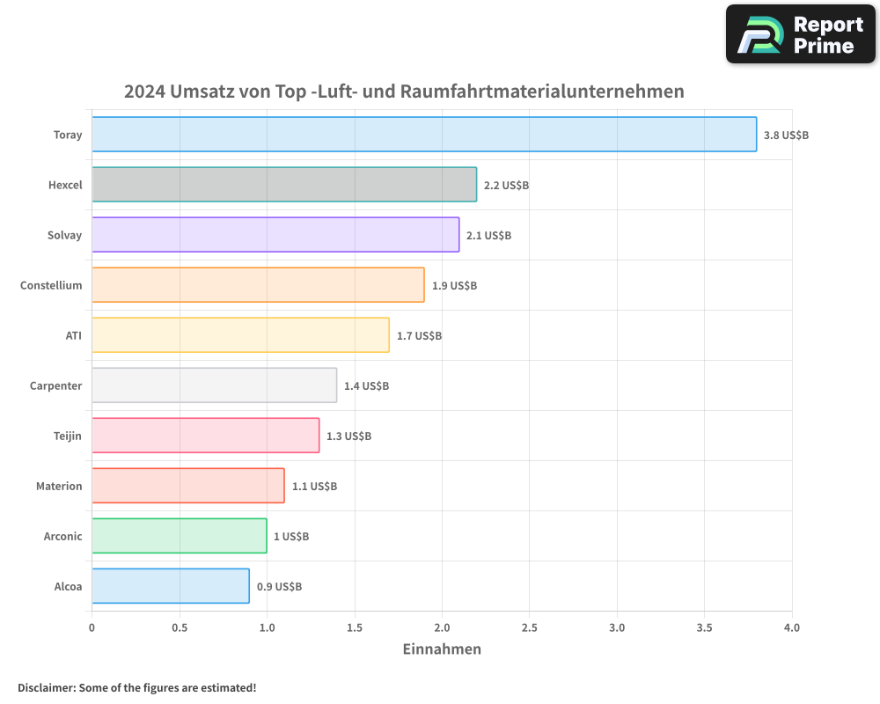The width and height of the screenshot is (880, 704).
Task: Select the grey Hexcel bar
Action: pos(284,185)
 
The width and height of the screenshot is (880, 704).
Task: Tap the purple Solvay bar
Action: pos(275,235)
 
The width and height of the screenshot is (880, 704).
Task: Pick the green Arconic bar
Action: pos(180,536)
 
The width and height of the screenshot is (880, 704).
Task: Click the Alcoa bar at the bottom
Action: pos(171,586)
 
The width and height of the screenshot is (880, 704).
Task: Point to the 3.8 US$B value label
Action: pos(786,136)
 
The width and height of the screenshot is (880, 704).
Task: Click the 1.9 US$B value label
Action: pos(454,286)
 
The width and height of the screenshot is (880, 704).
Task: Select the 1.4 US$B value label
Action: pos(366,386)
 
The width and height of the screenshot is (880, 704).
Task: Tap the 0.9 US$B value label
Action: pos(279,587)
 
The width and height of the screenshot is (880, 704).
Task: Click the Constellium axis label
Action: pos(51,285)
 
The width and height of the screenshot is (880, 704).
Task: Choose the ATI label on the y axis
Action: pos(74,335)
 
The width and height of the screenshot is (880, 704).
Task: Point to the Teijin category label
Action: pos(68,436)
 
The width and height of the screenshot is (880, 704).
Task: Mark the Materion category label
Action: pos(59,486)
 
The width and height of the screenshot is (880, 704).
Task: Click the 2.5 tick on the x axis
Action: pos(530,628)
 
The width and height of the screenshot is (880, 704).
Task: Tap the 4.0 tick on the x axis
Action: pos(792,628)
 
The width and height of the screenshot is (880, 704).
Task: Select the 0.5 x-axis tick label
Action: pos(180,628)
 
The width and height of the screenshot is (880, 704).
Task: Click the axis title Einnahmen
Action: pos(442,649)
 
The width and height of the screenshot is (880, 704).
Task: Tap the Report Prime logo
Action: pos(801,34)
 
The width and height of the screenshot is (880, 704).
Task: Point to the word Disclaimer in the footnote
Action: pos(46,687)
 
